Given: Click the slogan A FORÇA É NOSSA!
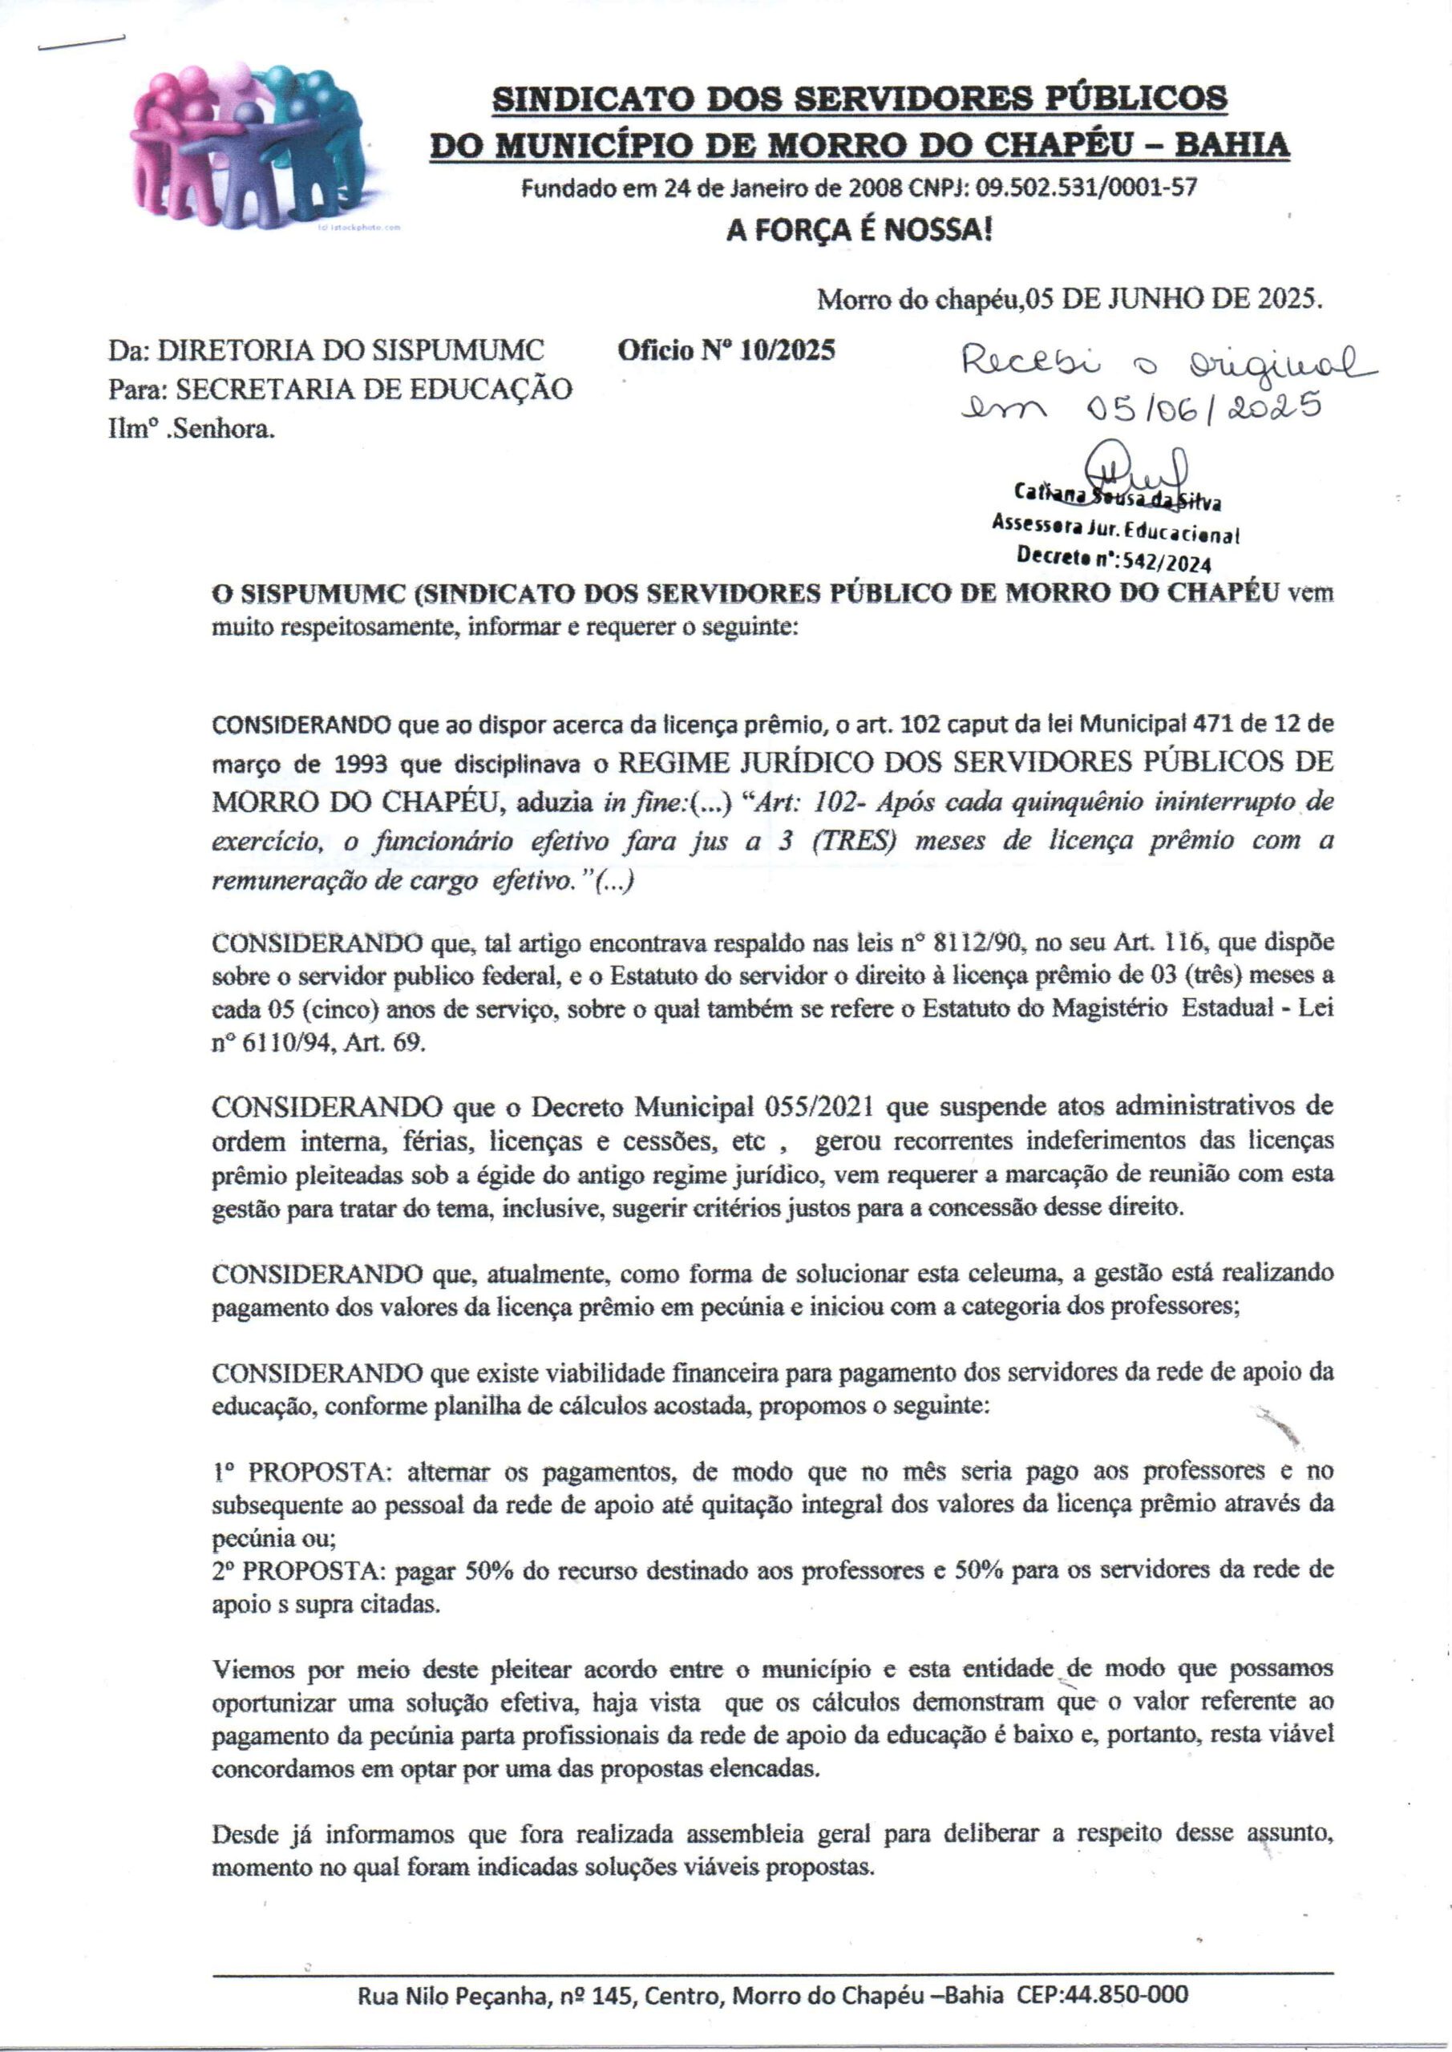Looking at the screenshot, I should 859,232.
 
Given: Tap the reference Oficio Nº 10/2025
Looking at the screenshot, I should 726,350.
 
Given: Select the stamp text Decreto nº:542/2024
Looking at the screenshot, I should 1113,560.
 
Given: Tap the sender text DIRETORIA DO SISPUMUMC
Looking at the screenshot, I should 350,350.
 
